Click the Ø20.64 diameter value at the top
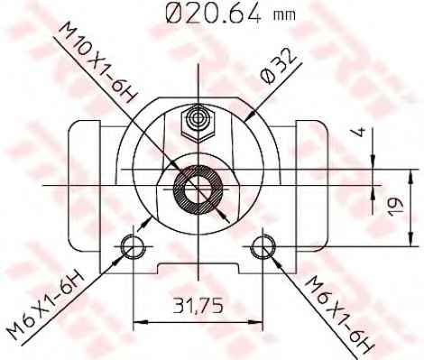coord(213,14)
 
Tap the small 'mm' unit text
coord(284,15)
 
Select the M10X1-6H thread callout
coord(97,62)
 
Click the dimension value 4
coord(360,132)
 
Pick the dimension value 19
coord(395,207)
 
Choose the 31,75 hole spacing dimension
coord(198,305)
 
